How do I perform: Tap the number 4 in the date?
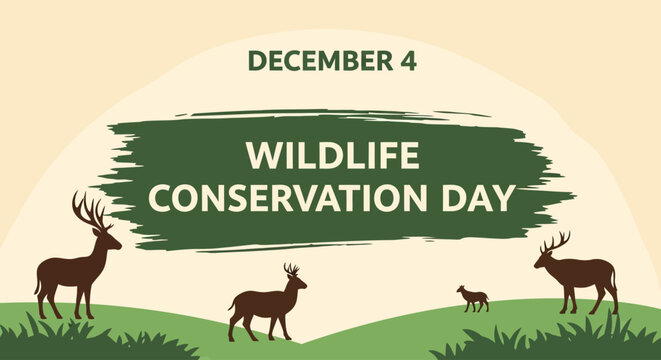(x=407, y=60)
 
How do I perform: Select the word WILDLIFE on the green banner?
(x=333, y=156)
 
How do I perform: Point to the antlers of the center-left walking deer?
(x=291, y=270)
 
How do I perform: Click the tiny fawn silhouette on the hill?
(x=472, y=297)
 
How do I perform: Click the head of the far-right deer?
(x=545, y=258)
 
